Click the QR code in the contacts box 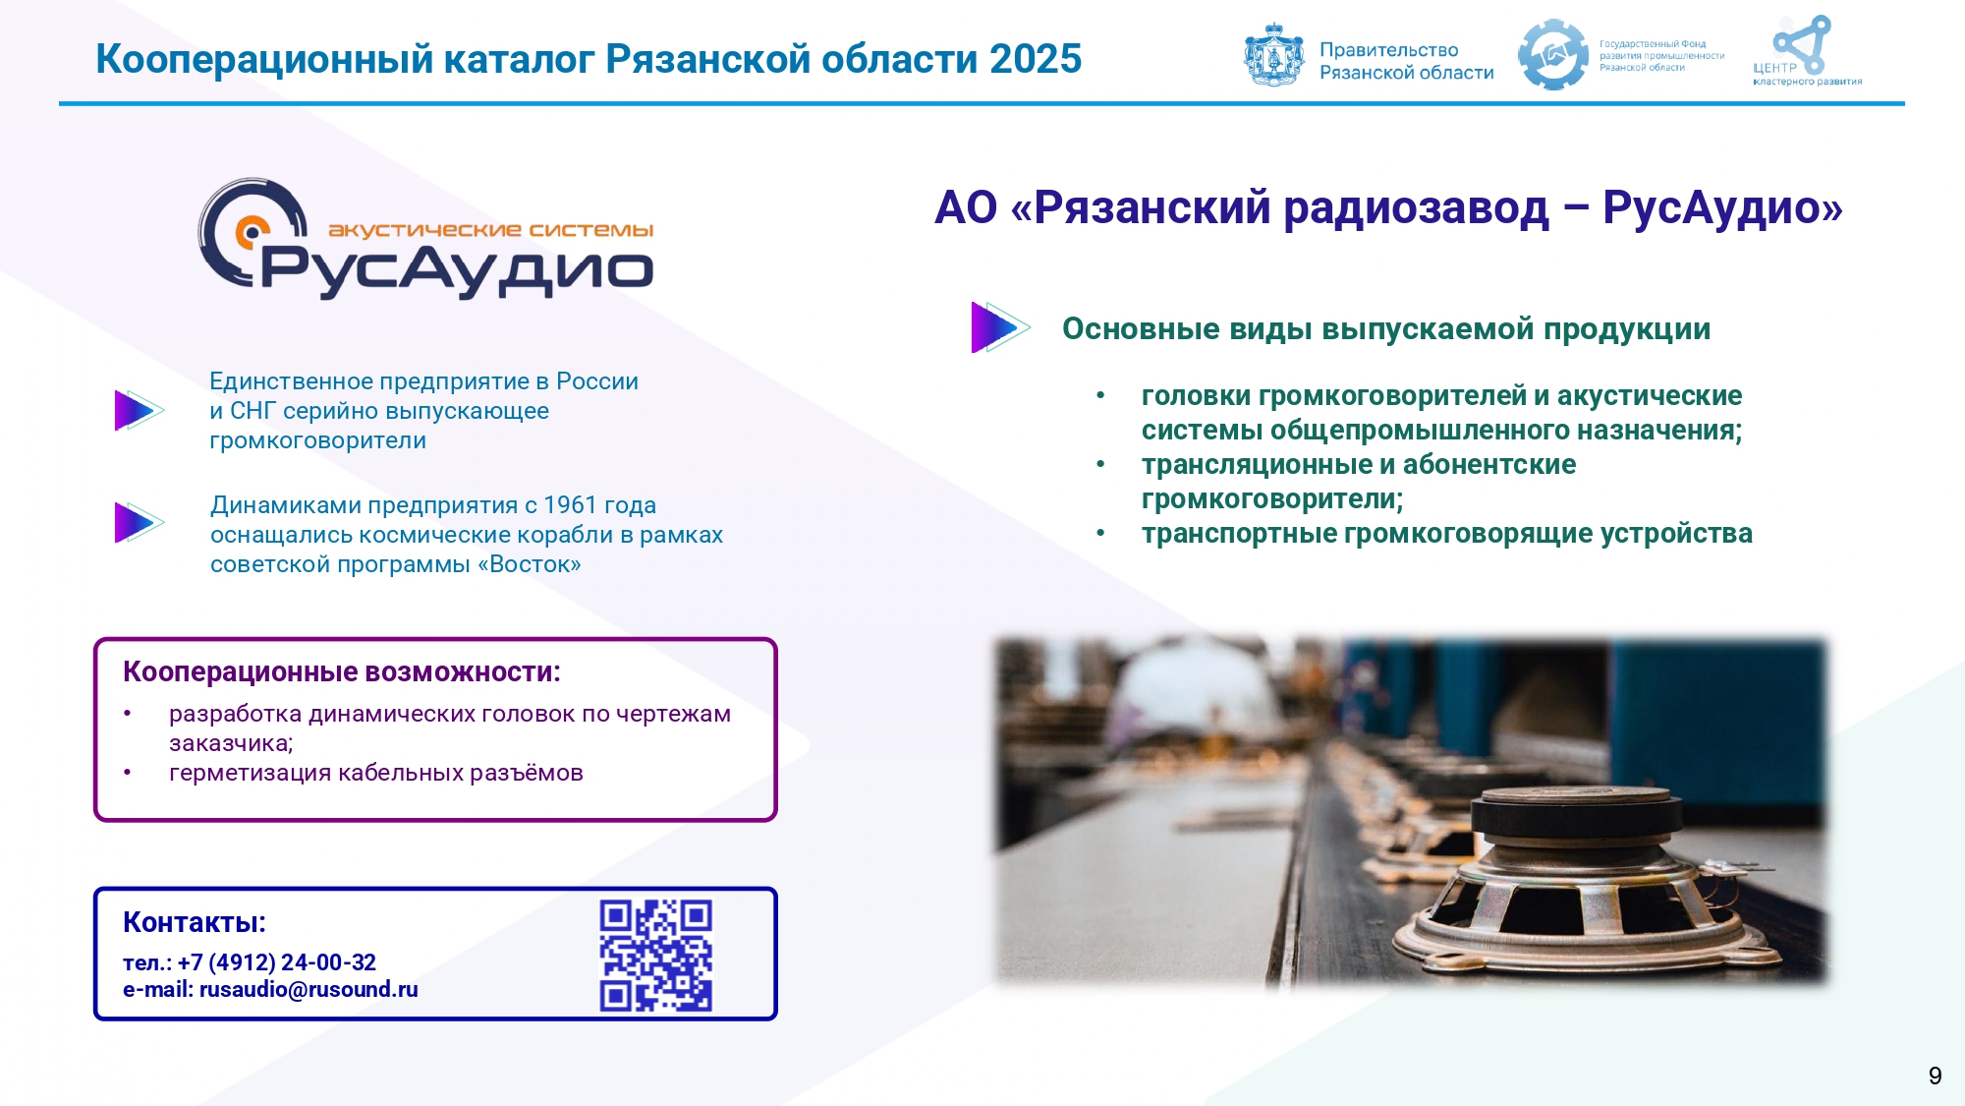pyautogui.click(x=656, y=956)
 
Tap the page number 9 pyautogui.click(x=1935, y=1076)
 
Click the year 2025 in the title pyautogui.click(x=1036, y=59)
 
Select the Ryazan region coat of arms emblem pyautogui.click(x=1274, y=55)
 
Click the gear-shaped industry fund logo pyautogui.click(x=1552, y=55)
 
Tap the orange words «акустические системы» pyautogui.click(x=490, y=230)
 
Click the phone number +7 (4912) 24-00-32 pyautogui.click(x=277, y=962)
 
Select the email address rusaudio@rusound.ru pyautogui.click(x=309, y=989)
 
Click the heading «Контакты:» pyautogui.click(x=195, y=922)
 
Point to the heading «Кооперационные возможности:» pyautogui.click(x=342, y=671)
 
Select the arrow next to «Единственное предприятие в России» pyautogui.click(x=139, y=411)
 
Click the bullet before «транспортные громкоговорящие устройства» pyautogui.click(x=1101, y=533)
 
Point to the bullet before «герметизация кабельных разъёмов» pyautogui.click(x=128, y=773)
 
